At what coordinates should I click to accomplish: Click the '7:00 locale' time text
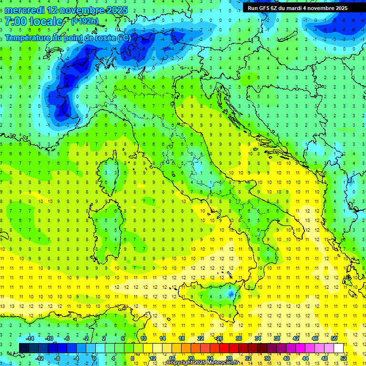(33, 21)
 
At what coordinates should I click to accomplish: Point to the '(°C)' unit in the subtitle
(123, 38)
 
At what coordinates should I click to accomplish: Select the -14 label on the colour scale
(29, 338)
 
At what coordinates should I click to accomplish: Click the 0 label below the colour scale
(94, 358)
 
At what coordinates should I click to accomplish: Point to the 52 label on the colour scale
(344, 358)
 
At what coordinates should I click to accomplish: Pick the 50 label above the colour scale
(334, 338)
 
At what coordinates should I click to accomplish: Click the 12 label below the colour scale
(152, 358)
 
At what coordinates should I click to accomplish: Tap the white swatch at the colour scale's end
(338, 348)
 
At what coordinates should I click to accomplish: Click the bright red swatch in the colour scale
(224, 348)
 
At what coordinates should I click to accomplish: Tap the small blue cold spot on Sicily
(231, 295)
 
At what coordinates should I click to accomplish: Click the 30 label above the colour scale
(238, 338)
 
